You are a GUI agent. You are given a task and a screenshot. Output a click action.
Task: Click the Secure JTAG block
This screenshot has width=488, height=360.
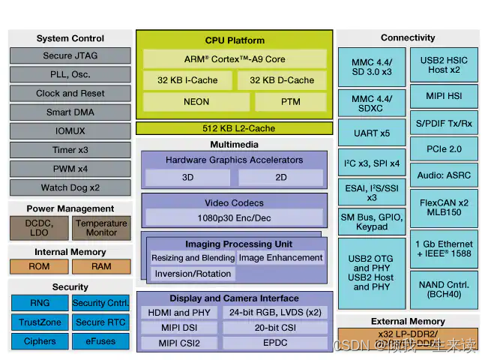pyautogui.click(x=70, y=55)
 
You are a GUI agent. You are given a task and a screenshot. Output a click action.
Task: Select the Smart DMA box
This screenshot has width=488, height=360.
pyautogui.click(x=70, y=112)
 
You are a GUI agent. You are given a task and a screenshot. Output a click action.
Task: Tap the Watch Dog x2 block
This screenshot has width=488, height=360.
pyautogui.click(x=70, y=187)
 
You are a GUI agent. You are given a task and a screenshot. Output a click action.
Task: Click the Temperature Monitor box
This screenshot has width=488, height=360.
pyautogui.click(x=101, y=228)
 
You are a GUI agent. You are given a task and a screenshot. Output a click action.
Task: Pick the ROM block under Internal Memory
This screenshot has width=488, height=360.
pyautogui.click(x=39, y=266)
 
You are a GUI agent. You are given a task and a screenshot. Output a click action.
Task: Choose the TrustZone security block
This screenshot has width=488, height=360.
pyautogui.click(x=39, y=322)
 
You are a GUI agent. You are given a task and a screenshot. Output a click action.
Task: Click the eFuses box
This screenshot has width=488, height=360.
pyautogui.click(x=101, y=341)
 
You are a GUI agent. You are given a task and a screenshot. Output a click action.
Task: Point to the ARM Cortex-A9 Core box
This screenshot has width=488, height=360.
pyautogui.click(x=235, y=58)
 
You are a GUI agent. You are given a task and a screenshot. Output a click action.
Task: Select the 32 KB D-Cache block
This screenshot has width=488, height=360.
pyautogui.click(x=282, y=80)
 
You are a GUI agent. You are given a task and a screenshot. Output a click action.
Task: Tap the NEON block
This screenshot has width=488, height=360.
pyautogui.click(x=196, y=102)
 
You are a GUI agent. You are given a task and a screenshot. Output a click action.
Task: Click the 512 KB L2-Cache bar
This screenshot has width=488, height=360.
pyautogui.click(x=235, y=128)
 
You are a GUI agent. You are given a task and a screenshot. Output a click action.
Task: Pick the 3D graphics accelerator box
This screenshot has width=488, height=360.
pyautogui.click(x=187, y=178)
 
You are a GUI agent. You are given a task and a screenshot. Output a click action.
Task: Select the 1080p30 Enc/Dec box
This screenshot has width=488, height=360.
pyautogui.click(x=235, y=217)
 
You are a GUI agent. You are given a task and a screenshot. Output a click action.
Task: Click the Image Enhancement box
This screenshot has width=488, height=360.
pyautogui.click(x=280, y=257)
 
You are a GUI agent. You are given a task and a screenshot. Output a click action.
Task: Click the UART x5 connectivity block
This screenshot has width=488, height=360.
pyautogui.click(x=372, y=133)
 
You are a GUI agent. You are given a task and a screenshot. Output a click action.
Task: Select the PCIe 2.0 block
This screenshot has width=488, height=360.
pyautogui.click(x=444, y=148)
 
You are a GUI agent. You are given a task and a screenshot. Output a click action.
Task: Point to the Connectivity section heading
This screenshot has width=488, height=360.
pyautogui.click(x=408, y=37)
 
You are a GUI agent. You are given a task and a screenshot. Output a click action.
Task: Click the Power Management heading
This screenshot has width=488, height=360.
pyautogui.click(x=70, y=208)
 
